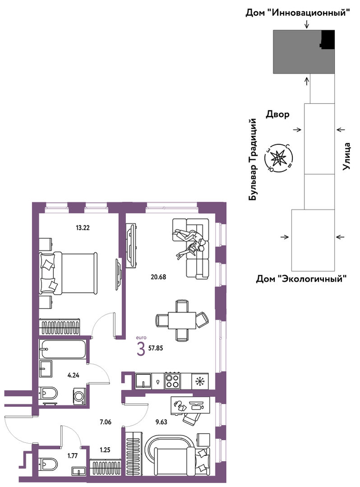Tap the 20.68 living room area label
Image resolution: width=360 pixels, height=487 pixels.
(x=158, y=277)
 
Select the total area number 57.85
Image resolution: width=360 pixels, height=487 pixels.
(x=156, y=348)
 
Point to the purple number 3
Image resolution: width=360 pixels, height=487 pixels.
(x=141, y=350)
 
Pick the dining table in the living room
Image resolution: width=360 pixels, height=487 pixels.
(x=182, y=320)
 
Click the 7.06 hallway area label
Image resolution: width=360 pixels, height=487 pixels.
(x=105, y=422)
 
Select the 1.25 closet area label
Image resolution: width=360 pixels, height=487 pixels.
(x=105, y=450)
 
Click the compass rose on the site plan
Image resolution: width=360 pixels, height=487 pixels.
(x=278, y=158)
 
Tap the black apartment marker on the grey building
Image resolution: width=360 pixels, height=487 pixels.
(x=328, y=39)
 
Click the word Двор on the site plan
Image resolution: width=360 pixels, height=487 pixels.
(x=277, y=115)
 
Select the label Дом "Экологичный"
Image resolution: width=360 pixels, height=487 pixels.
(x=301, y=278)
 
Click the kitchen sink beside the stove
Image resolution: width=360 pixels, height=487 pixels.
(x=143, y=380)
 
